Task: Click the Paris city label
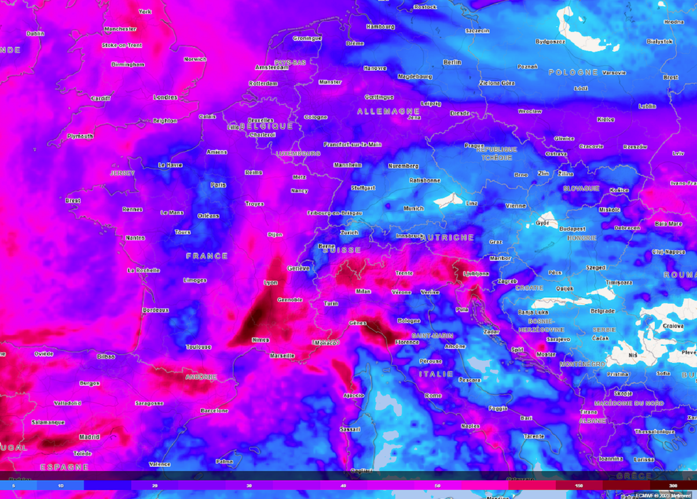point(218,184)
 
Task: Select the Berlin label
point(452,62)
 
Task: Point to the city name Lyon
point(271,282)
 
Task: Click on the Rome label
point(433,396)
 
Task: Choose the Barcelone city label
point(214,411)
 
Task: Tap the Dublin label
point(35,33)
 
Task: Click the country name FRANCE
point(207,256)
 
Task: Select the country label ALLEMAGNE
point(389,111)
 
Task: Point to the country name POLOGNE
point(573,72)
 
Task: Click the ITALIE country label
point(436,374)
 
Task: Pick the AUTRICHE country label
point(449,238)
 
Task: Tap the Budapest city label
point(572,229)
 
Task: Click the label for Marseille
point(282,355)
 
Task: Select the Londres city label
point(165,97)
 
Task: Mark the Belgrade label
point(603,310)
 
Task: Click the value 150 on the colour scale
point(579,485)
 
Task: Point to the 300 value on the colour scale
point(672,485)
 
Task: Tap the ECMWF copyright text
point(664,495)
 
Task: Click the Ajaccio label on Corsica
point(353,396)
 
